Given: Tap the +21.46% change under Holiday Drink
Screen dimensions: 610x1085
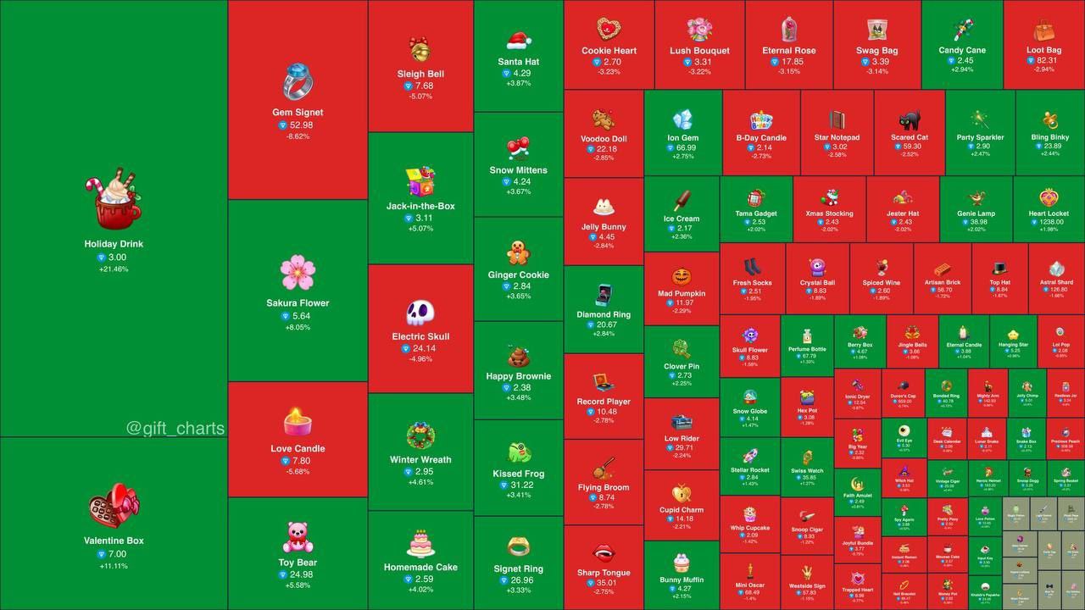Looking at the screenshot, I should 114,269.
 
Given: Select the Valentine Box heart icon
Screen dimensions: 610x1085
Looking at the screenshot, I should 114,506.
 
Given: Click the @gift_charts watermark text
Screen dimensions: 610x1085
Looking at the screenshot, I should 175,429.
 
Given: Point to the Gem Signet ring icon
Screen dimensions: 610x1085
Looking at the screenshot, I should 298,82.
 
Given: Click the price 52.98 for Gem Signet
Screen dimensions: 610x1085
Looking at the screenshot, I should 301,125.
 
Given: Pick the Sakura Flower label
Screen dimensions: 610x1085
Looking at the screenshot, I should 298,303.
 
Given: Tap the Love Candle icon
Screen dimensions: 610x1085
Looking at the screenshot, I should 298,421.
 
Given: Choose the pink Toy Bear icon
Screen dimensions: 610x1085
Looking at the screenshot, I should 298,537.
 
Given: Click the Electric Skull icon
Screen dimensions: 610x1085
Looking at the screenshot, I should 420,313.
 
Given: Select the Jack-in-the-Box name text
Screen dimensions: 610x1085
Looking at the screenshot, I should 420,206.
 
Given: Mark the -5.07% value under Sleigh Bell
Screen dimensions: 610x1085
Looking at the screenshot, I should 420,97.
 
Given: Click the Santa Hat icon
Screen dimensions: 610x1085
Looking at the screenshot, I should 519,40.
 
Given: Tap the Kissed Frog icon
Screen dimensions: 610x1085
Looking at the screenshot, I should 519,452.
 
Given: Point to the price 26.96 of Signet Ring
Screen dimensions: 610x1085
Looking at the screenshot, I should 523,580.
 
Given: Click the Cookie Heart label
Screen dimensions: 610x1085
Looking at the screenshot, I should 609,51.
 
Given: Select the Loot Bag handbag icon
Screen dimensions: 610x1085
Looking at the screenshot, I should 1043,30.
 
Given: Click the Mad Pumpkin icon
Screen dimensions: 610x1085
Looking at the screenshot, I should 682,277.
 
